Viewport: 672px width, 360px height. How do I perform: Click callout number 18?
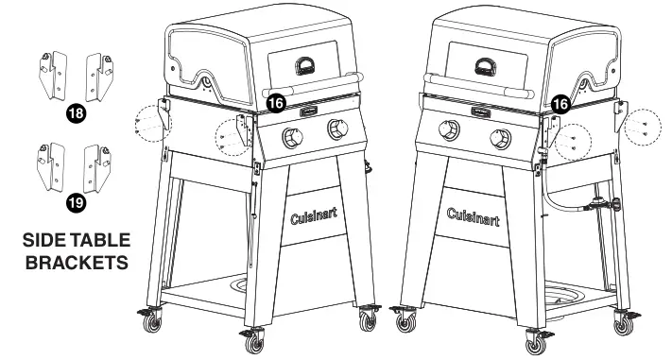coord(74,113)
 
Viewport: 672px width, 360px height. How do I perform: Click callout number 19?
coord(74,201)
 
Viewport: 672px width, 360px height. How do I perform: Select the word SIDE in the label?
coord(43,241)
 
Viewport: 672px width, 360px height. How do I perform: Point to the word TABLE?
coord(102,241)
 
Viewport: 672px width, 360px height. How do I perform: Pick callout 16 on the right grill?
coord(560,103)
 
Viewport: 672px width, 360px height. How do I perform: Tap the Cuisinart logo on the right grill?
coord(474,219)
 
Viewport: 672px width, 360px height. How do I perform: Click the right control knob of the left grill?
coord(336,129)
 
